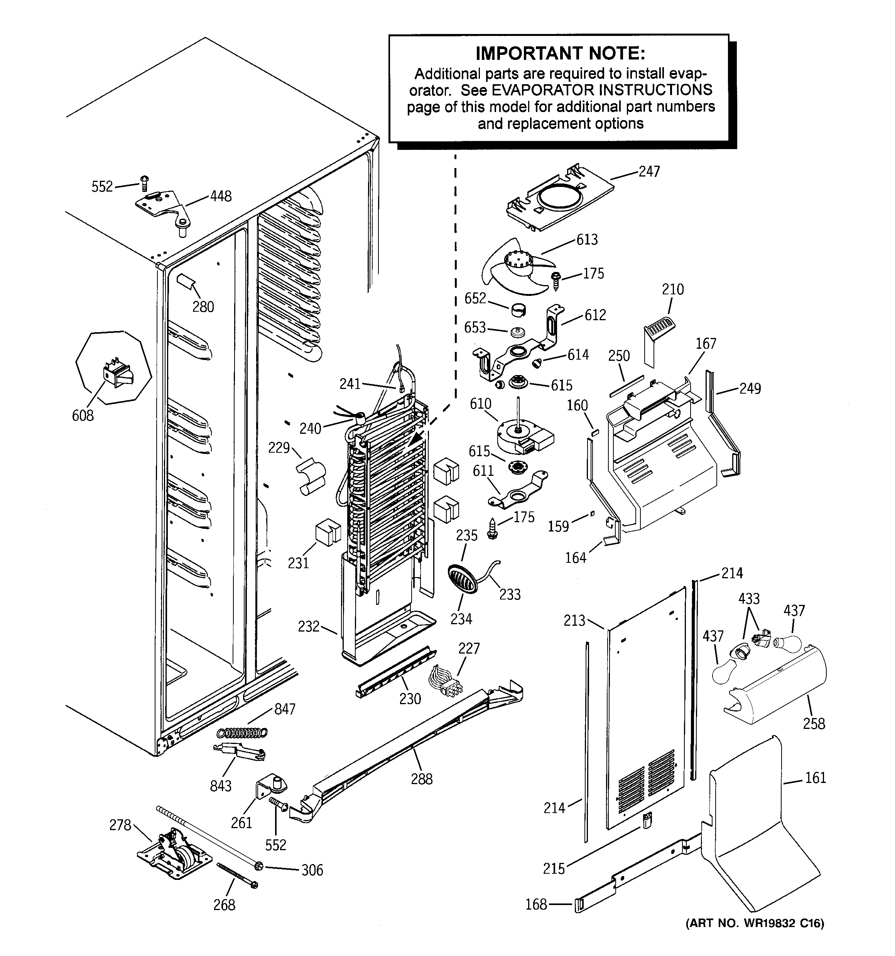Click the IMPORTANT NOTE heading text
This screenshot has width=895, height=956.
coord(560,53)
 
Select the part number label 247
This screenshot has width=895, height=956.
coord(649,171)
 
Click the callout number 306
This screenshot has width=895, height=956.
coord(312,870)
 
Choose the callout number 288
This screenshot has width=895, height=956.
coord(421,779)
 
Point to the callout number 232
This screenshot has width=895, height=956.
coord(308,626)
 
